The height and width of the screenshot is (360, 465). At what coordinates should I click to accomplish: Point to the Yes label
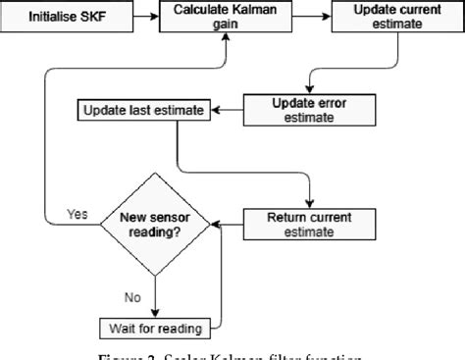[77, 213]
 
